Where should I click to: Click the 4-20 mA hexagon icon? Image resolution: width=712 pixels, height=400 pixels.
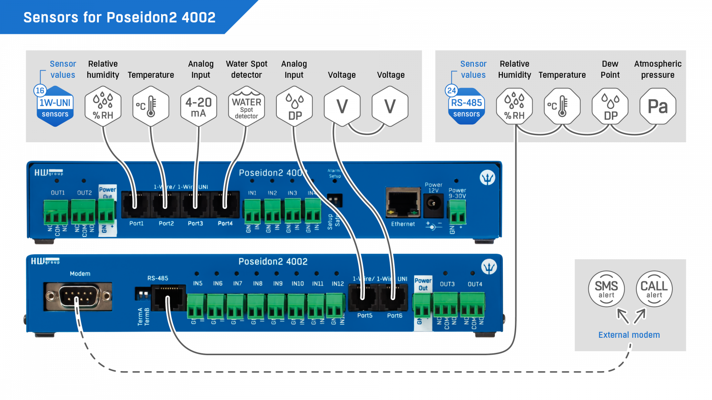tap(198, 107)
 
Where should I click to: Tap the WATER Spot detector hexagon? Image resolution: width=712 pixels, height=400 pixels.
tap(246, 107)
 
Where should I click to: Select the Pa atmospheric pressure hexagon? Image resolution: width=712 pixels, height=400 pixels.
tap(658, 107)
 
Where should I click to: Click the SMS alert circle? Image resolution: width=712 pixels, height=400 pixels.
tap(606, 289)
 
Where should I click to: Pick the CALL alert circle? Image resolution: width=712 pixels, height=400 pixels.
tap(654, 289)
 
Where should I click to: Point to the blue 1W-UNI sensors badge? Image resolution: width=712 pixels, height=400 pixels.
tap(55, 108)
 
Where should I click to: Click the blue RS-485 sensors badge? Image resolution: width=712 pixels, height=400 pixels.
tap(466, 108)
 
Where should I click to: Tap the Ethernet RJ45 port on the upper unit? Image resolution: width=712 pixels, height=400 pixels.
tap(403, 202)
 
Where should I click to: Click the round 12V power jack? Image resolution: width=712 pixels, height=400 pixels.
tap(433, 204)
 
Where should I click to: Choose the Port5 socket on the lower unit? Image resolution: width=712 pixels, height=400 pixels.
tap(364, 296)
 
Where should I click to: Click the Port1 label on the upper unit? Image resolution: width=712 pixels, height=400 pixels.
tap(137, 224)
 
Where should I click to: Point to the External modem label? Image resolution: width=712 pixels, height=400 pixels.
tap(629, 335)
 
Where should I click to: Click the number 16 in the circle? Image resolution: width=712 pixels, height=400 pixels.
tap(40, 91)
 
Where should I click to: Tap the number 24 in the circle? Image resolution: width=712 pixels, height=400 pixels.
tap(452, 91)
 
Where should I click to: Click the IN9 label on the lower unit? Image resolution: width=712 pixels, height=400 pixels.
tap(278, 284)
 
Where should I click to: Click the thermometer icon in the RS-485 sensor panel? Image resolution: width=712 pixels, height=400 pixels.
tap(562, 107)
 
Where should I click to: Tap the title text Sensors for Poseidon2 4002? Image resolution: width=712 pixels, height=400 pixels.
tap(119, 17)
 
